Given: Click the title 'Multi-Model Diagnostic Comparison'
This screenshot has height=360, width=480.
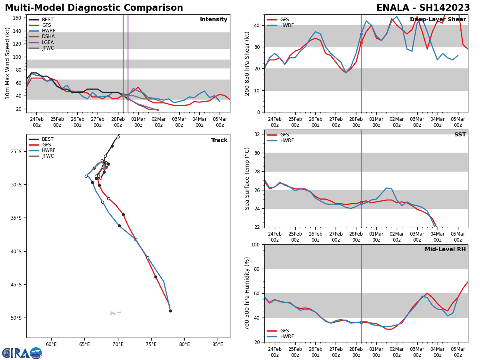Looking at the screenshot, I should (94, 8).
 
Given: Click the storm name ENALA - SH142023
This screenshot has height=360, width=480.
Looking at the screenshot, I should (423, 8).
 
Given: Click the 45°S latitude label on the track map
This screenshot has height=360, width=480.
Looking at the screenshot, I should (16, 285).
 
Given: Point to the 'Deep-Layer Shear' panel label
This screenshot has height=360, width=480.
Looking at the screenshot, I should (438, 20).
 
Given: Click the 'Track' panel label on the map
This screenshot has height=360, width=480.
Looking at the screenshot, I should (219, 140).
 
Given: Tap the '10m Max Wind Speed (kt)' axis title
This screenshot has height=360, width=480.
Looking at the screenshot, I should (8, 63).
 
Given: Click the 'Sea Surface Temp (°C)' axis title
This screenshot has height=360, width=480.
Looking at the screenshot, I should (248, 178).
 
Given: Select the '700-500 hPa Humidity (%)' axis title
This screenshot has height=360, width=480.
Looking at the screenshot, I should (248, 293).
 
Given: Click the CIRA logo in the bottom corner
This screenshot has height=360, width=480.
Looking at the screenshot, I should (22, 353).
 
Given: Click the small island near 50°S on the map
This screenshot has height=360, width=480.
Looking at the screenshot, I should (115, 313).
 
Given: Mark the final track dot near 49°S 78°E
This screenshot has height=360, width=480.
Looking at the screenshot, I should (170, 311).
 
